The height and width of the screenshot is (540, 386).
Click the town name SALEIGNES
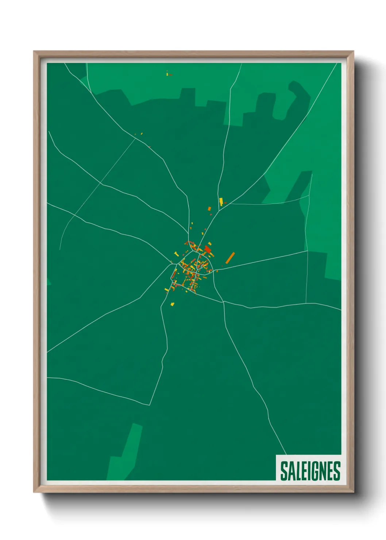point(310,471)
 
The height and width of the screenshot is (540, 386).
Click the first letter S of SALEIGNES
point(284,471)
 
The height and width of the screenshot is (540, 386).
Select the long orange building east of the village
point(230,258)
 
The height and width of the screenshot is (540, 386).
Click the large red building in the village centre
point(208,250)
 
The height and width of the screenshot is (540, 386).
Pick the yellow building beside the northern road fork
point(221,201)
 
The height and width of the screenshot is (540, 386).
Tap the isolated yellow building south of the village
point(172,303)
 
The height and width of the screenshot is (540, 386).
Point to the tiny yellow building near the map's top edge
point(167,74)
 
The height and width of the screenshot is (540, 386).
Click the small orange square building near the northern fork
point(209,209)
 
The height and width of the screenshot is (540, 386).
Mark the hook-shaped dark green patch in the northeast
point(297,99)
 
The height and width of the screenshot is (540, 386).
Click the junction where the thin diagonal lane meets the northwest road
point(135,138)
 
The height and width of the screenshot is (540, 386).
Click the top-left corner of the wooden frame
point(34,52)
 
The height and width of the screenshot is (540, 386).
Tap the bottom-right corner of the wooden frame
point(353,492)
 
